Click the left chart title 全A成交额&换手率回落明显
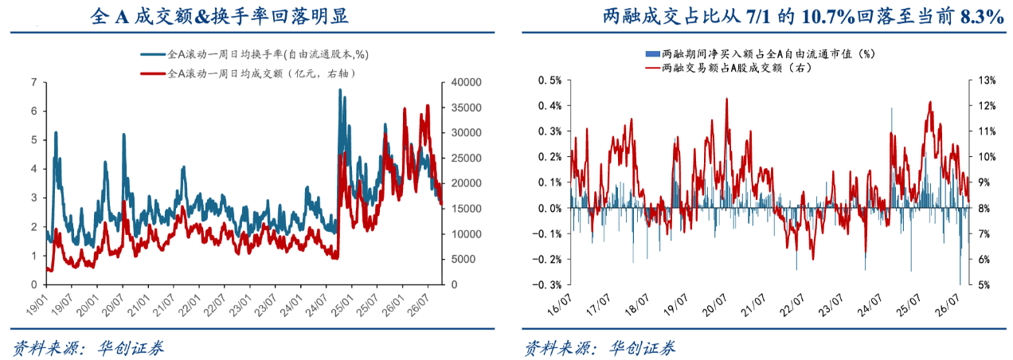click(x=219, y=16)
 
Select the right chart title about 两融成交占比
click(x=804, y=17)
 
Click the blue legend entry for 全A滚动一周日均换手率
click(x=255, y=54)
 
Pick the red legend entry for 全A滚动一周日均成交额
click(x=248, y=73)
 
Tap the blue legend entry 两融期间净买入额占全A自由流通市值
click(x=761, y=54)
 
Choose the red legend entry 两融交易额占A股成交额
click(x=728, y=68)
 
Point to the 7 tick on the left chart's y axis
click(x=34, y=82)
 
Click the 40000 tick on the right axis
click(x=466, y=82)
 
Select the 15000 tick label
click(x=466, y=209)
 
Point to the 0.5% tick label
click(x=550, y=80)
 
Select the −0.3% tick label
click(x=547, y=285)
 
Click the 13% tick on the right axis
click(x=987, y=80)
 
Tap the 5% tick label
click(x=984, y=285)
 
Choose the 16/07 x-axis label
click(x=560, y=304)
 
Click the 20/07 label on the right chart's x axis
click(x=714, y=304)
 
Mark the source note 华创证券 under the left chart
click(x=131, y=348)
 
